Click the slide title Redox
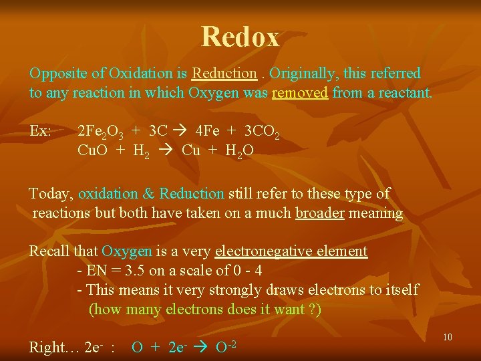coord(240,37)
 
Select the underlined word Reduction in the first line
coord(224,73)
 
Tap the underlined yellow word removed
coord(299,93)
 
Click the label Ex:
coord(41,131)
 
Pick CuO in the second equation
coord(92,150)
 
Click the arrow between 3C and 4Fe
coord(181,131)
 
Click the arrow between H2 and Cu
coord(165,150)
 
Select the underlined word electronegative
coord(291,251)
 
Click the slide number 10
coord(448,337)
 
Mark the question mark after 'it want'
coord(312,310)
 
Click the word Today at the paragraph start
coord(50,194)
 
